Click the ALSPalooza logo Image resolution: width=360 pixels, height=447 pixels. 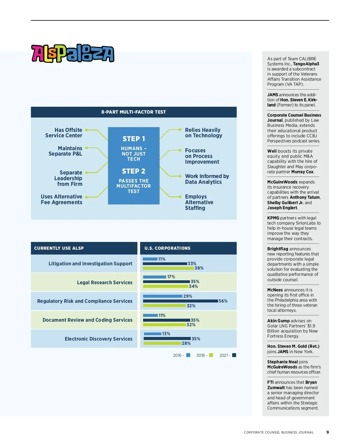(73, 53)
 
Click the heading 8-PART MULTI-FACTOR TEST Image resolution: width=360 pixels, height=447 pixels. (133, 112)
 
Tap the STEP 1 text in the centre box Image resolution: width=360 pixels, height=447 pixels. (133, 139)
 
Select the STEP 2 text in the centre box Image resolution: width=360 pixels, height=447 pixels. (133, 171)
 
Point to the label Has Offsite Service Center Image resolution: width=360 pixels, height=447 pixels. (64, 133)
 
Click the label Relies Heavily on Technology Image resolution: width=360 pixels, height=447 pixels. (203, 133)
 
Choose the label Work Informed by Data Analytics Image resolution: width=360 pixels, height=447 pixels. (207, 179)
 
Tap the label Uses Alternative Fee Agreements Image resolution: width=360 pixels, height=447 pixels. (61, 199)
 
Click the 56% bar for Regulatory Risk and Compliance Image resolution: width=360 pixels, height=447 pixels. (180, 301)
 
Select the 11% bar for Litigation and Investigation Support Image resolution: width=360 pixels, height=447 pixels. (150, 259)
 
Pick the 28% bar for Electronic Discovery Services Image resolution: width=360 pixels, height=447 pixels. (162, 343)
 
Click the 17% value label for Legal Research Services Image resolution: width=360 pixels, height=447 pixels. (171, 277)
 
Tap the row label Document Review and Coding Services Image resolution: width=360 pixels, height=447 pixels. (87, 320)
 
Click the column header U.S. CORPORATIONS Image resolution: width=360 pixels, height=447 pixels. (167, 248)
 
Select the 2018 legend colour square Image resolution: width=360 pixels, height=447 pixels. (211, 355)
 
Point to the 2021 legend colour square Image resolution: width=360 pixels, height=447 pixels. (234, 355)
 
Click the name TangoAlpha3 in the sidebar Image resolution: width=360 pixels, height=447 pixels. (306, 64)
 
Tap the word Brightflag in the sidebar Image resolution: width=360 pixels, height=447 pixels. (277, 249)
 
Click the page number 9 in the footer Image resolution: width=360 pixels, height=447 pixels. (328, 432)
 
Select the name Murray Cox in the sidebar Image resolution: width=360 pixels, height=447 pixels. (302, 172)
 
